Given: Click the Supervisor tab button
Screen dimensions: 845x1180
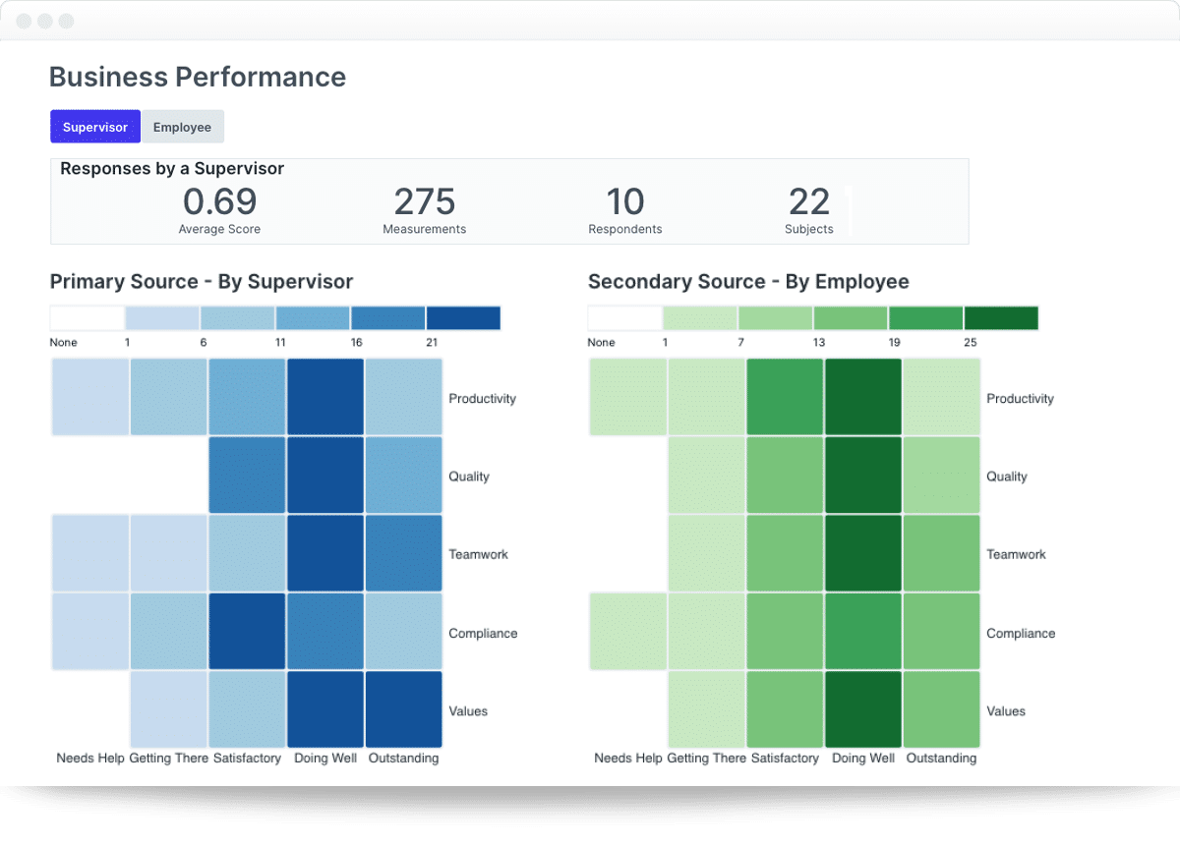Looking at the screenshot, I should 95,127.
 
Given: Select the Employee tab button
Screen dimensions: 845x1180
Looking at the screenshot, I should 182,127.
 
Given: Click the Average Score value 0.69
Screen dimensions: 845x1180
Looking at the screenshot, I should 219,201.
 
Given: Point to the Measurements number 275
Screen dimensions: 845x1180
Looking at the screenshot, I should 424,201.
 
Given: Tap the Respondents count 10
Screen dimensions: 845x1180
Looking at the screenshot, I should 624,201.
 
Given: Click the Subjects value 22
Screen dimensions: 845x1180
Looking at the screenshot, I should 808,201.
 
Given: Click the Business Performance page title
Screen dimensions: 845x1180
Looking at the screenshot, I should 198,77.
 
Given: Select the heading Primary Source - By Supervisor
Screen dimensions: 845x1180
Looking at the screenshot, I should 202,282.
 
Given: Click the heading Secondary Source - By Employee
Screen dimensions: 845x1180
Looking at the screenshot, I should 748,282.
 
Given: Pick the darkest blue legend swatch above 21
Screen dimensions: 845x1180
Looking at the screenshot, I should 463,318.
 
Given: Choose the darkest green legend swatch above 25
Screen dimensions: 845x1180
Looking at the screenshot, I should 1001,318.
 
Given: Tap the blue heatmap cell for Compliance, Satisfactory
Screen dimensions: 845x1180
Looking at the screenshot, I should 247,632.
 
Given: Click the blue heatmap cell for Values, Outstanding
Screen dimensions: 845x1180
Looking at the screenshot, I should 403,709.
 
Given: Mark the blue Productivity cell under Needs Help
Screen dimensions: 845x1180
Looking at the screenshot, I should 89,397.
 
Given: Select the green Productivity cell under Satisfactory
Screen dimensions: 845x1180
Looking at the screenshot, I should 785,397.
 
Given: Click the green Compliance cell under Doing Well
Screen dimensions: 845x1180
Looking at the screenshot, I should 862,632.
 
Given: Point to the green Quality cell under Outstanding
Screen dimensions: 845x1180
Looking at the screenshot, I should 941,476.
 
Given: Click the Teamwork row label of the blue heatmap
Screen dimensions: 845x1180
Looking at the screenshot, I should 478,554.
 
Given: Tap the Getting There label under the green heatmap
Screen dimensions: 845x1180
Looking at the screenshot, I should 706,759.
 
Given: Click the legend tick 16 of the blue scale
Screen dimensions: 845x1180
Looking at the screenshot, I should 356,343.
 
